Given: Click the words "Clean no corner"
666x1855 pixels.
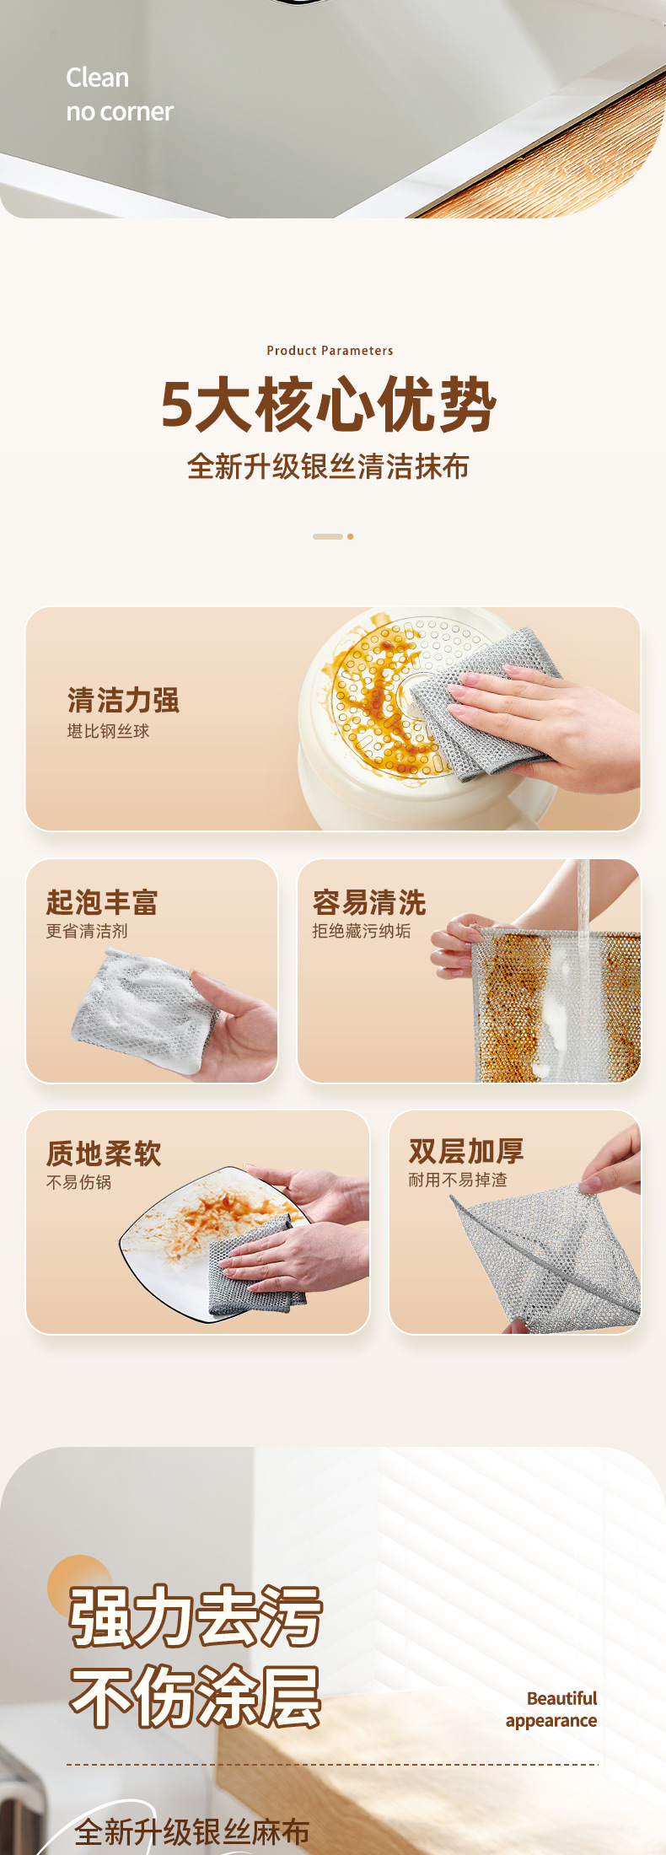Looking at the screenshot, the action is pyautogui.click(x=120, y=94).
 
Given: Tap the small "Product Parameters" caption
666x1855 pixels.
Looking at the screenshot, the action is pyautogui.click(x=330, y=351).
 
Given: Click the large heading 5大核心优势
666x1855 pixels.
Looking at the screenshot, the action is pyautogui.click(x=329, y=405).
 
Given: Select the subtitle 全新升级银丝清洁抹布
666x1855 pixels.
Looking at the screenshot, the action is pyautogui.click(x=328, y=466).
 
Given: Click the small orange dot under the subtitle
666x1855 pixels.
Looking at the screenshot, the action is pyautogui.click(x=350, y=536).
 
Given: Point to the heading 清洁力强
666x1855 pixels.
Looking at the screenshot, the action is pyautogui.click(x=123, y=700).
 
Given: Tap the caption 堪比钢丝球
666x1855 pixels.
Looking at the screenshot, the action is pyautogui.click(x=108, y=731).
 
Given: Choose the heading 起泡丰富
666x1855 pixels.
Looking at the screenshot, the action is pyautogui.click(x=102, y=902).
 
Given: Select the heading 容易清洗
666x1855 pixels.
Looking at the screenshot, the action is pyautogui.click(x=369, y=902).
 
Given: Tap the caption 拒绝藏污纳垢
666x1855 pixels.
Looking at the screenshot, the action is pyautogui.click(x=362, y=931).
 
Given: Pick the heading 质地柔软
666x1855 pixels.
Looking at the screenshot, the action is pyautogui.click(x=104, y=1153).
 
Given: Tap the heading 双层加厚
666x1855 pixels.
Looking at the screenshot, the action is pyautogui.click(x=466, y=1151).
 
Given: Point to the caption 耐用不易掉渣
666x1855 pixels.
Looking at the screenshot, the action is pyautogui.click(x=458, y=1180).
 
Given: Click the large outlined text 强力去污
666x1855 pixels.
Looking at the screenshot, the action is pyautogui.click(x=196, y=1616).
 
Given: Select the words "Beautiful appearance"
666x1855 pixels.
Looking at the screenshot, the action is pyautogui.click(x=551, y=1709).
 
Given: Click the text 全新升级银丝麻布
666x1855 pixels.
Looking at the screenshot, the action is pyautogui.click(x=192, y=1832).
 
